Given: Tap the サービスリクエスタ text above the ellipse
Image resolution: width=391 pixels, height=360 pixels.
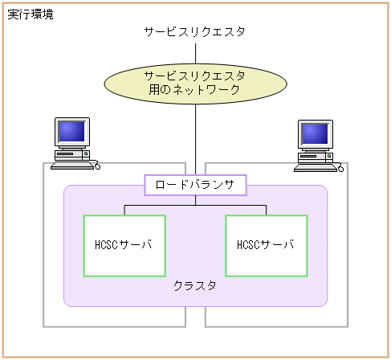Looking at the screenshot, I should coord(195,32).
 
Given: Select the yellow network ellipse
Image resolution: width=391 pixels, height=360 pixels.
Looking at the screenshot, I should coord(195,83).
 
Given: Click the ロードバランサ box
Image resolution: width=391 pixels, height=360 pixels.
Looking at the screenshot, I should coord(195,185).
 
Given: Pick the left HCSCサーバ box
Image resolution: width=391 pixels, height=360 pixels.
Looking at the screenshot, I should coord(124,244).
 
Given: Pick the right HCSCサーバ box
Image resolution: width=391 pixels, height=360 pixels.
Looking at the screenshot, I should coord(266,244).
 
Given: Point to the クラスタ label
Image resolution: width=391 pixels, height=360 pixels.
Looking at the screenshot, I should coord(195,286).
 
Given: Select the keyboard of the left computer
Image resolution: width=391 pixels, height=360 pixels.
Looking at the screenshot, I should coord(71,164).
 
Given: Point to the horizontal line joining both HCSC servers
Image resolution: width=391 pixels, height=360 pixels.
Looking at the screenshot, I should coord(195,206).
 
